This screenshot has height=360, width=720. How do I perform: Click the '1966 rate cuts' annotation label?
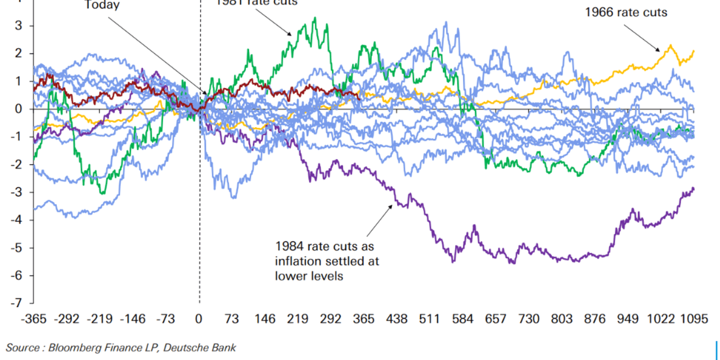[625, 12]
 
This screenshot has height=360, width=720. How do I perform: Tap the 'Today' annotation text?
[102, 5]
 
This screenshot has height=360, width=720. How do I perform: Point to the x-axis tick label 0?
[199, 319]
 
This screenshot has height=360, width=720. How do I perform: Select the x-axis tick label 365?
[363, 319]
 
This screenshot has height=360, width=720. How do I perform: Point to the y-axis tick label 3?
[19, 26]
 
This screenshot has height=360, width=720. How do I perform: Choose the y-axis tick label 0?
[19, 109]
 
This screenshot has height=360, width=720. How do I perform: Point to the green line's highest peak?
[314, 18]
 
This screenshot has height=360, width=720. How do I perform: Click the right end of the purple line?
[694, 188]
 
